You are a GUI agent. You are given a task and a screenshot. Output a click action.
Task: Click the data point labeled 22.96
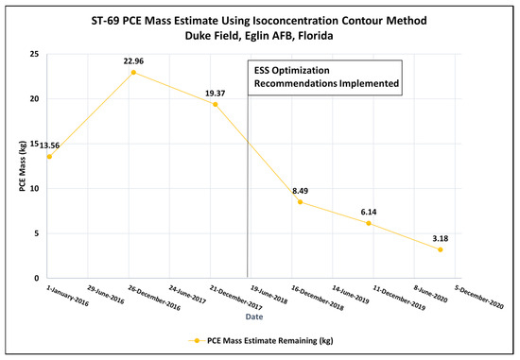[x=133, y=72]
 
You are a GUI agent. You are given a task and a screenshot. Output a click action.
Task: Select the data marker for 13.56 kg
[x=49, y=156]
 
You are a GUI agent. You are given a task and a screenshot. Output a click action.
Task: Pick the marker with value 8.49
[x=300, y=201]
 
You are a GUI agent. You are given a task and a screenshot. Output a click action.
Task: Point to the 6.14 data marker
[x=369, y=223]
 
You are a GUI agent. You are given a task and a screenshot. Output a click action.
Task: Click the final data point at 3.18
[x=441, y=249]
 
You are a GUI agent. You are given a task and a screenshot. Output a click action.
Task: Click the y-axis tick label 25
[x=35, y=54]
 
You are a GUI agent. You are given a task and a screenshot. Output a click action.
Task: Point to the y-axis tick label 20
[x=35, y=98]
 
